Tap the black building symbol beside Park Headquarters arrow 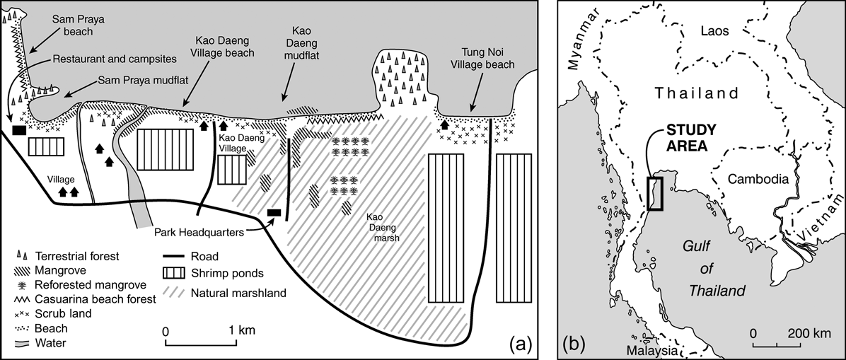coord(274,212)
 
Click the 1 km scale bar coord(202,344)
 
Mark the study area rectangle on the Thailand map coord(656,194)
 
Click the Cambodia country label coord(759,179)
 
